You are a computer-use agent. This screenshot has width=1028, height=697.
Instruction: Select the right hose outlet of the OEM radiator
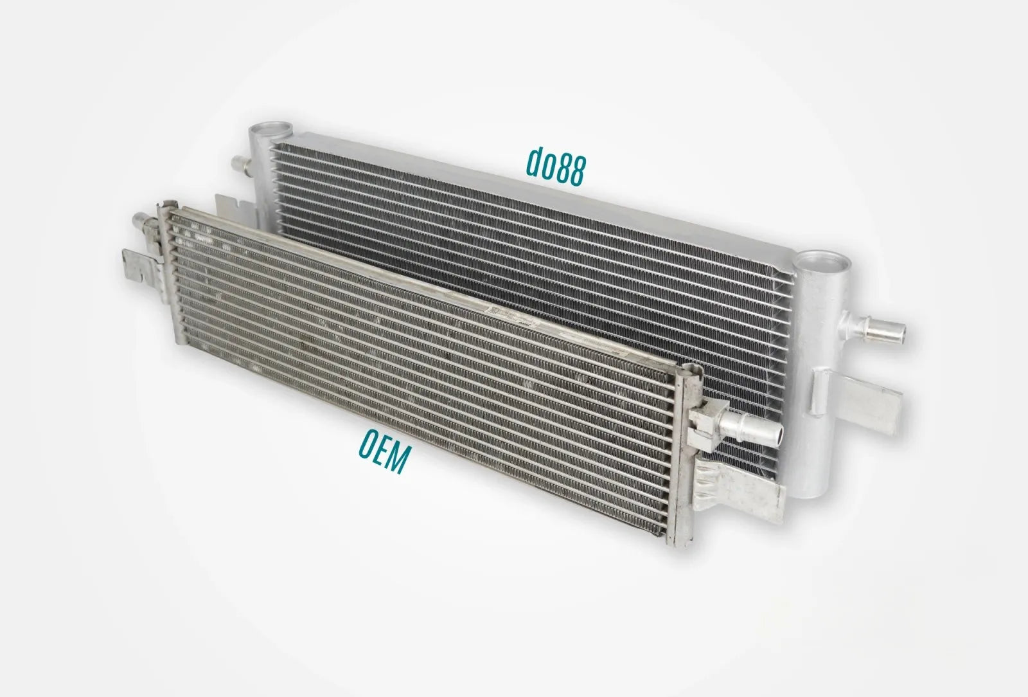coord(758,430)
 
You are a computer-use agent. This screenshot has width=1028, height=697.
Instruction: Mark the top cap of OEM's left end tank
coord(164,203)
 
